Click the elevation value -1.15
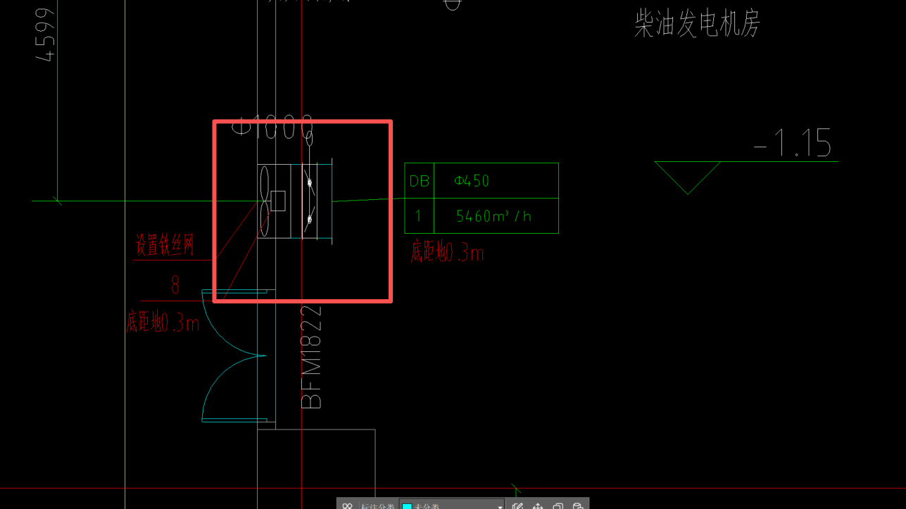(x=793, y=143)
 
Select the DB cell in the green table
(x=419, y=181)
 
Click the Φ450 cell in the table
(x=472, y=181)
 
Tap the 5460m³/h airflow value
(x=493, y=216)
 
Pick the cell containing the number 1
(x=419, y=216)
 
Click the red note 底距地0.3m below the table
(x=447, y=252)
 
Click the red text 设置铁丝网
(x=164, y=246)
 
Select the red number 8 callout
(x=175, y=285)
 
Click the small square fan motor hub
(x=278, y=201)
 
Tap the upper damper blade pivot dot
(x=309, y=183)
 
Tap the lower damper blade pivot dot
(x=309, y=220)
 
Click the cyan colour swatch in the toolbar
(x=407, y=505)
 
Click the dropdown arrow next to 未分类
(x=500, y=505)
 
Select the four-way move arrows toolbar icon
(x=538, y=505)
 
